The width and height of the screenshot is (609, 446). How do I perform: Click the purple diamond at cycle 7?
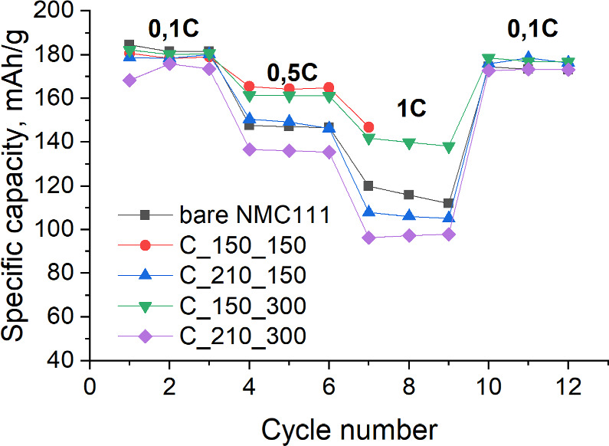pos(368,238)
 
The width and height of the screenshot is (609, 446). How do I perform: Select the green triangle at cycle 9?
pos(448,147)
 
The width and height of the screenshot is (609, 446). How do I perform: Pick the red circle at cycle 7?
pos(368,127)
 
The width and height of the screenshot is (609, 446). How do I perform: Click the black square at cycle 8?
pos(408,195)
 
